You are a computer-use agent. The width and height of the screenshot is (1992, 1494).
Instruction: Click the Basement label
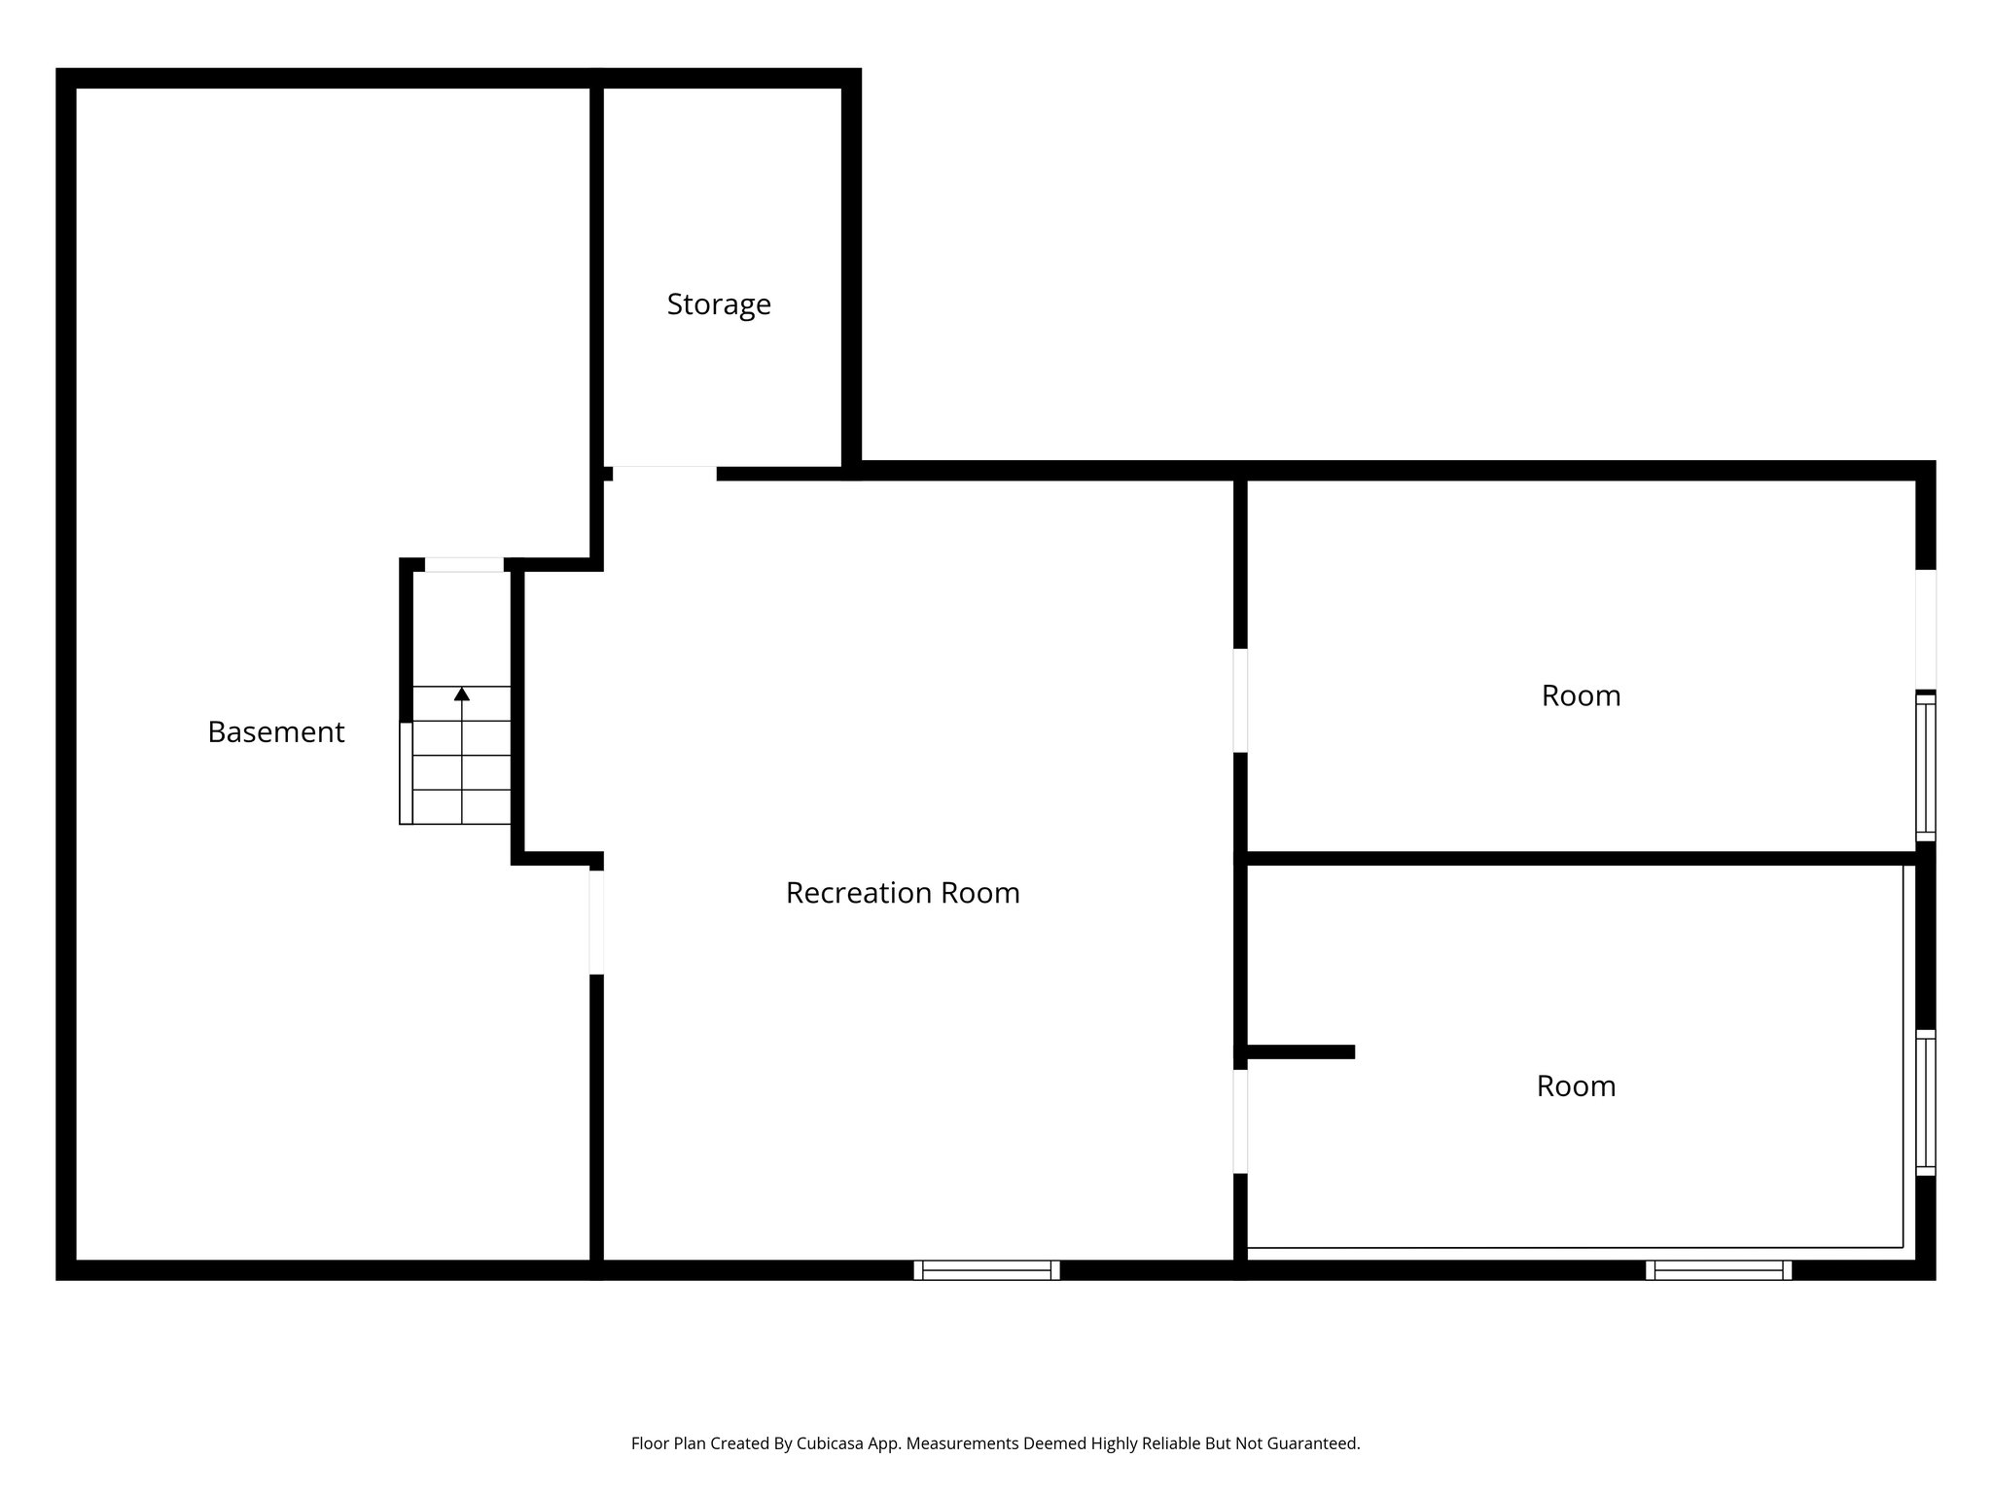pyautogui.click(x=276, y=732)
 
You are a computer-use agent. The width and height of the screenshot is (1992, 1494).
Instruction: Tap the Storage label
pyautogui.click(x=719, y=304)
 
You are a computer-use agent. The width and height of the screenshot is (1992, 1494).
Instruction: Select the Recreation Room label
pyautogui.click(x=903, y=893)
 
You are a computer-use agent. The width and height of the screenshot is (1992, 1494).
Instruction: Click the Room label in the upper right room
pyautogui.click(x=1581, y=696)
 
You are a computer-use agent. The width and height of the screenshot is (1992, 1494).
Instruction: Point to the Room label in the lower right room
pyautogui.click(x=1576, y=1086)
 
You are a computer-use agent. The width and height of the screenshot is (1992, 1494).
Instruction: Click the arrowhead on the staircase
pyautogui.click(x=462, y=694)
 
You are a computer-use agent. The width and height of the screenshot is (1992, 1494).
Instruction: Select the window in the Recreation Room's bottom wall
pyautogui.click(x=986, y=1269)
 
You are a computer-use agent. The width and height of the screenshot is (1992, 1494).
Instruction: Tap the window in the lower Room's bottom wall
pyautogui.click(x=1718, y=1269)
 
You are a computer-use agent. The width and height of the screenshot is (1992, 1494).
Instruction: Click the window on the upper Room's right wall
pyautogui.click(x=1925, y=766)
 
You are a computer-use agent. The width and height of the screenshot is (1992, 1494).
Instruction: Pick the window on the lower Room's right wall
pyautogui.click(x=1925, y=1102)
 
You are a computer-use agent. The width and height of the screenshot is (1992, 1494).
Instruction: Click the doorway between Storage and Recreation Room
pyautogui.click(x=664, y=474)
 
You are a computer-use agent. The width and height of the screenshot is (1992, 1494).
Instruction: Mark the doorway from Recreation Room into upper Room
pyautogui.click(x=1240, y=700)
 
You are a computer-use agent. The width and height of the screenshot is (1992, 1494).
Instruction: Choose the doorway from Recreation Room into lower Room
pyautogui.click(x=1240, y=1121)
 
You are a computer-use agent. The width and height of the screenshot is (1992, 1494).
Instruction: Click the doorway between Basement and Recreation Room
pyautogui.click(x=596, y=922)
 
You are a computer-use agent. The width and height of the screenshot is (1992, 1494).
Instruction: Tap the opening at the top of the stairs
pyautogui.click(x=464, y=565)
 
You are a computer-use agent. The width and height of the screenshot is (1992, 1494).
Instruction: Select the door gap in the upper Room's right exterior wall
pyautogui.click(x=1925, y=629)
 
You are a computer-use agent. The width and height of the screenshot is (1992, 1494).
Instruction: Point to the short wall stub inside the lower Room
pyautogui.click(x=1299, y=1051)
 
